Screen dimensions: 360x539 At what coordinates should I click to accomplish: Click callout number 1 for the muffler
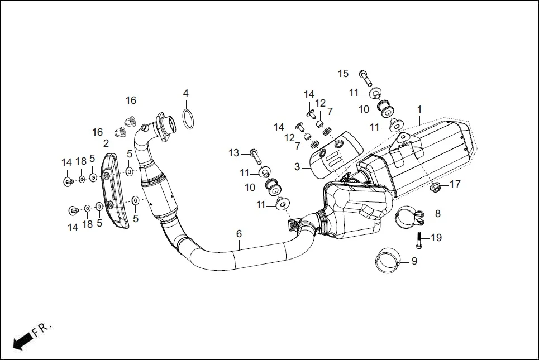(419, 109)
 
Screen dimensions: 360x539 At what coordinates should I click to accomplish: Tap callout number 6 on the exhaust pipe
(239, 233)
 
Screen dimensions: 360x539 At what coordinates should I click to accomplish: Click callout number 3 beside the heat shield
(297, 166)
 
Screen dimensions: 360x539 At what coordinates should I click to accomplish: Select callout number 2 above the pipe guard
(106, 144)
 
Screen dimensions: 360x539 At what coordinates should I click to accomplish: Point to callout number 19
(436, 238)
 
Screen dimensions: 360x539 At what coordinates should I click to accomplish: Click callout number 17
(455, 184)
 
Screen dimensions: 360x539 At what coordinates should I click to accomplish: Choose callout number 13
(233, 152)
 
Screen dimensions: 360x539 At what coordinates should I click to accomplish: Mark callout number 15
(343, 74)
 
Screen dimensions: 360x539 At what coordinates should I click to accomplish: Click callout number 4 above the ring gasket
(186, 93)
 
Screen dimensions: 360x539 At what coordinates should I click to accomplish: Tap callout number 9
(414, 261)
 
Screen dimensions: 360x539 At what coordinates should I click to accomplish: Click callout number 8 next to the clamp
(438, 213)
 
